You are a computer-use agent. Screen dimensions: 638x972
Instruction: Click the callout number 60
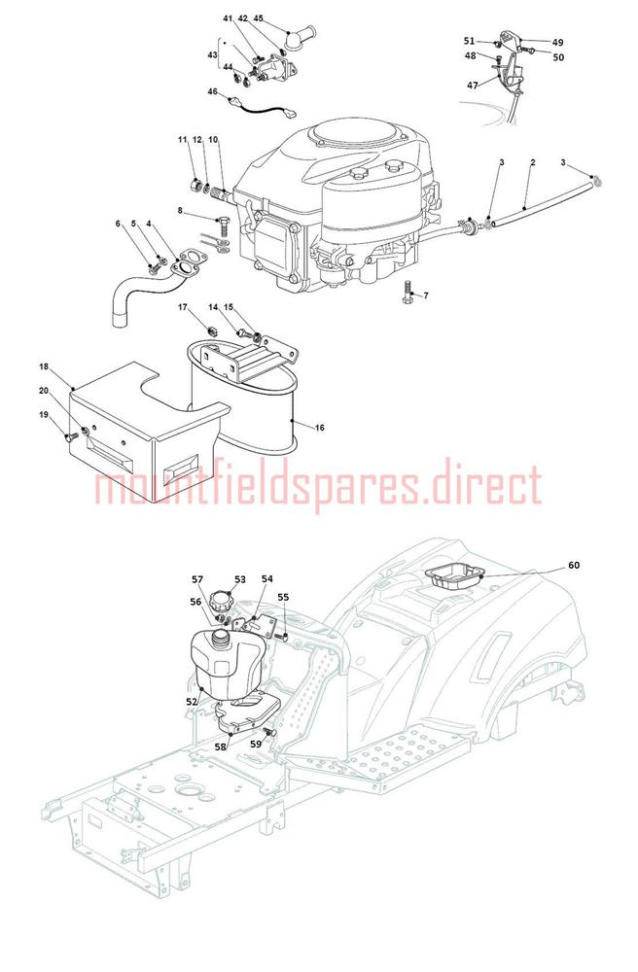click(574, 566)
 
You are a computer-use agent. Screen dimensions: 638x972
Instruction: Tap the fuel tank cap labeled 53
click(220, 600)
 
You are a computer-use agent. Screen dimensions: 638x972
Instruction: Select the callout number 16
click(319, 428)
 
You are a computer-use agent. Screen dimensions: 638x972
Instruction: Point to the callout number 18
click(44, 367)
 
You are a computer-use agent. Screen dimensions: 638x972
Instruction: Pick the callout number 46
click(213, 91)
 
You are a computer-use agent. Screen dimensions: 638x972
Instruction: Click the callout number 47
click(473, 86)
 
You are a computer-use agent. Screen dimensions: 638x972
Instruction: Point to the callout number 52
click(192, 701)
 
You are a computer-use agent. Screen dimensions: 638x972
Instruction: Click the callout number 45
click(259, 18)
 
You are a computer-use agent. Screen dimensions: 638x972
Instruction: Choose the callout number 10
click(213, 140)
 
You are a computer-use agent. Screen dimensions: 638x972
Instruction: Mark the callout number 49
click(558, 43)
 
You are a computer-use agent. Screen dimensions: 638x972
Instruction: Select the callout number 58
click(221, 746)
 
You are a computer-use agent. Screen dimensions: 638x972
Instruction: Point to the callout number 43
click(213, 55)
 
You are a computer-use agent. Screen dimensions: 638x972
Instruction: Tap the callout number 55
click(283, 598)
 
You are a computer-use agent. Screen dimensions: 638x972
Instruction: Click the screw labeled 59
click(269, 733)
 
